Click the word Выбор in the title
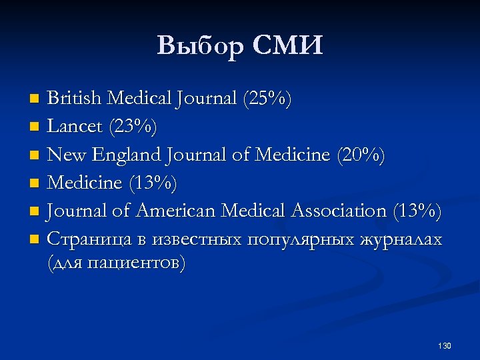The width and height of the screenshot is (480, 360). (x=200, y=47)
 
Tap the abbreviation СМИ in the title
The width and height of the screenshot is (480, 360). (x=289, y=47)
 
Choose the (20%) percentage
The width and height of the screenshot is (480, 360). (x=361, y=155)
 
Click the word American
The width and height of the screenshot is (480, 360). (x=177, y=211)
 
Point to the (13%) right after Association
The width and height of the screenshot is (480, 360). (x=417, y=211)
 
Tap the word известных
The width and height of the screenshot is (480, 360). (x=197, y=239)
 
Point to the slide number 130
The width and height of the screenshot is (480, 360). (x=445, y=346)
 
